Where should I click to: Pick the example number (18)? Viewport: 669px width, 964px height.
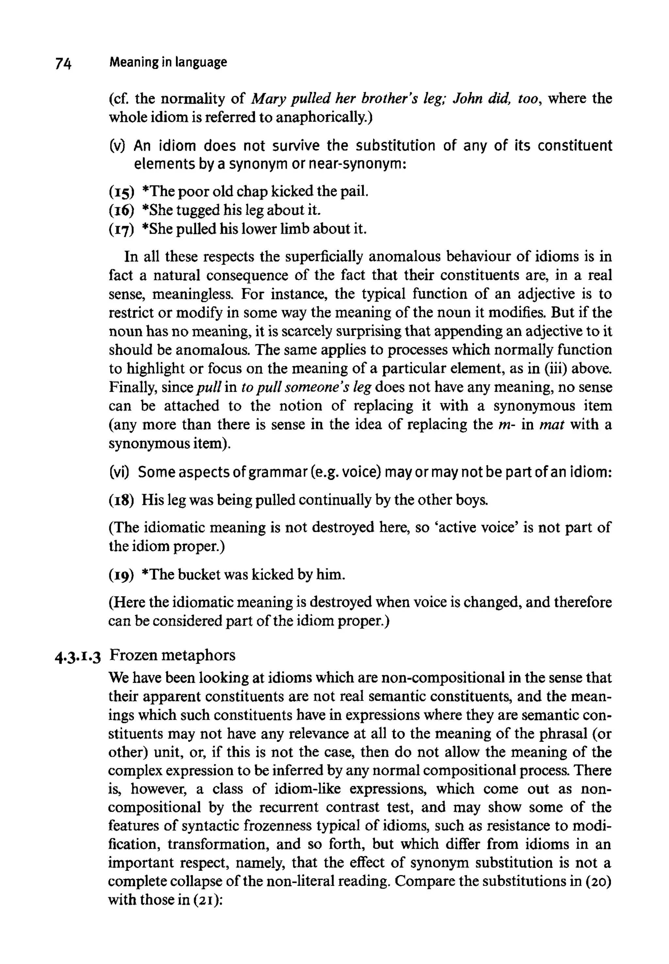pyautogui.click(x=121, y=500)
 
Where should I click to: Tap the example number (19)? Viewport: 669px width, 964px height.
pyautogui.click(x=121, y=575)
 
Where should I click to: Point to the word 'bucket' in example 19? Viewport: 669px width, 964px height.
pyautogui.click(x=199, y=574)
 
